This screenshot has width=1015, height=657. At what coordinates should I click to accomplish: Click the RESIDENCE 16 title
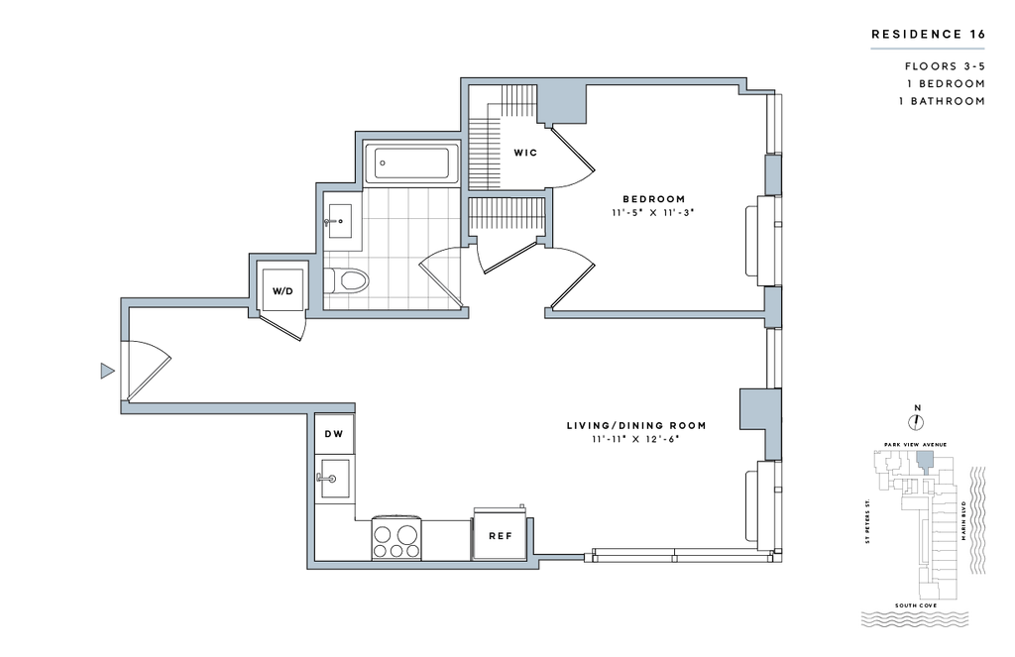(928, 35)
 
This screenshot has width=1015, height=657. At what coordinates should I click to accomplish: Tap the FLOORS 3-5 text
(945, 66)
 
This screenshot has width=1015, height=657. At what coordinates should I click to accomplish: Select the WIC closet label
(525, 153)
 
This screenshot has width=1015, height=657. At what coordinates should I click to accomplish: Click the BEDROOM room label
(654, 199)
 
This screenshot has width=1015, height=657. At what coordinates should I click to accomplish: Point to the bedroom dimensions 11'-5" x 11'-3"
(652, 212)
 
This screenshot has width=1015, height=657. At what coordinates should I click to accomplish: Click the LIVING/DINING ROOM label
(636, 426)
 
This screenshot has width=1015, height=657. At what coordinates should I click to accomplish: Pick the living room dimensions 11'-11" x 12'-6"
(635, 440)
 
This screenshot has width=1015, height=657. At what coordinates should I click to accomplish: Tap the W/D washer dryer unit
(282, 290)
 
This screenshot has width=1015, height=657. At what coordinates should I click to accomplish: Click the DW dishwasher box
(334, 434)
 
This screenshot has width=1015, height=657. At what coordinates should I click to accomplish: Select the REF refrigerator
(500, 535)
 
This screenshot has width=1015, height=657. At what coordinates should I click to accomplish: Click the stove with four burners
(396, 539)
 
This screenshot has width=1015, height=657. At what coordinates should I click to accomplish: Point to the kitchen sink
(335, 479)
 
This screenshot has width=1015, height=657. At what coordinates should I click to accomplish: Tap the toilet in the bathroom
(346, 280)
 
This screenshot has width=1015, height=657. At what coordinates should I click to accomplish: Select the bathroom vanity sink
(339, 222)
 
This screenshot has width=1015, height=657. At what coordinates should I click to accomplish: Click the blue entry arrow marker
(107, 371)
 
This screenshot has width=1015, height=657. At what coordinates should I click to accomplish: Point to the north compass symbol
(917, 422)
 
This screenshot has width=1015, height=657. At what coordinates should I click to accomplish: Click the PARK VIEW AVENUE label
(915, 445)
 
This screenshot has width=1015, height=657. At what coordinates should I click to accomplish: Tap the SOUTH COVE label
(916, 605)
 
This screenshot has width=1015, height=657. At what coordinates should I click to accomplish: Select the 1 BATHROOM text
(942, 101)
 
